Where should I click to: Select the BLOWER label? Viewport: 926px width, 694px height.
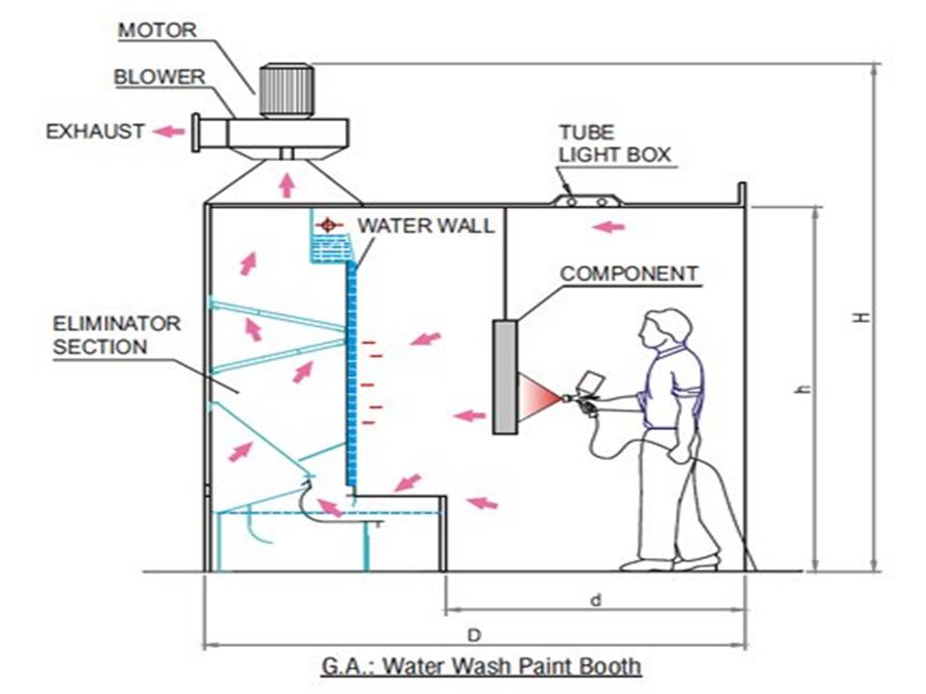158,77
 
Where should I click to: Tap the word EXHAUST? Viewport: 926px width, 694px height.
95,131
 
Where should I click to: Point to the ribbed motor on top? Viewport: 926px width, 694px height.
286,89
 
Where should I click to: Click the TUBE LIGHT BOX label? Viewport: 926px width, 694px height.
613,144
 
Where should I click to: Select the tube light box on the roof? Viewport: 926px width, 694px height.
587,200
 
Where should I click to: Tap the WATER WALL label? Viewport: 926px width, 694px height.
425,226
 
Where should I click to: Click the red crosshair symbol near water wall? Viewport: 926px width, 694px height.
329,226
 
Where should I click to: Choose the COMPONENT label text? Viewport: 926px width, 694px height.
629,274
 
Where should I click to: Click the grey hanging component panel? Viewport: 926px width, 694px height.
504,376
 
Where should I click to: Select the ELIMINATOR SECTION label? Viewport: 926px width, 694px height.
116,334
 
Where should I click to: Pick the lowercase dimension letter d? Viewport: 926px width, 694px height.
595,600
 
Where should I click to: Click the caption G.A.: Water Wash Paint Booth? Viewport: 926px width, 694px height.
480,665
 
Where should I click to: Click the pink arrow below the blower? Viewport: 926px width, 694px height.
286,183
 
